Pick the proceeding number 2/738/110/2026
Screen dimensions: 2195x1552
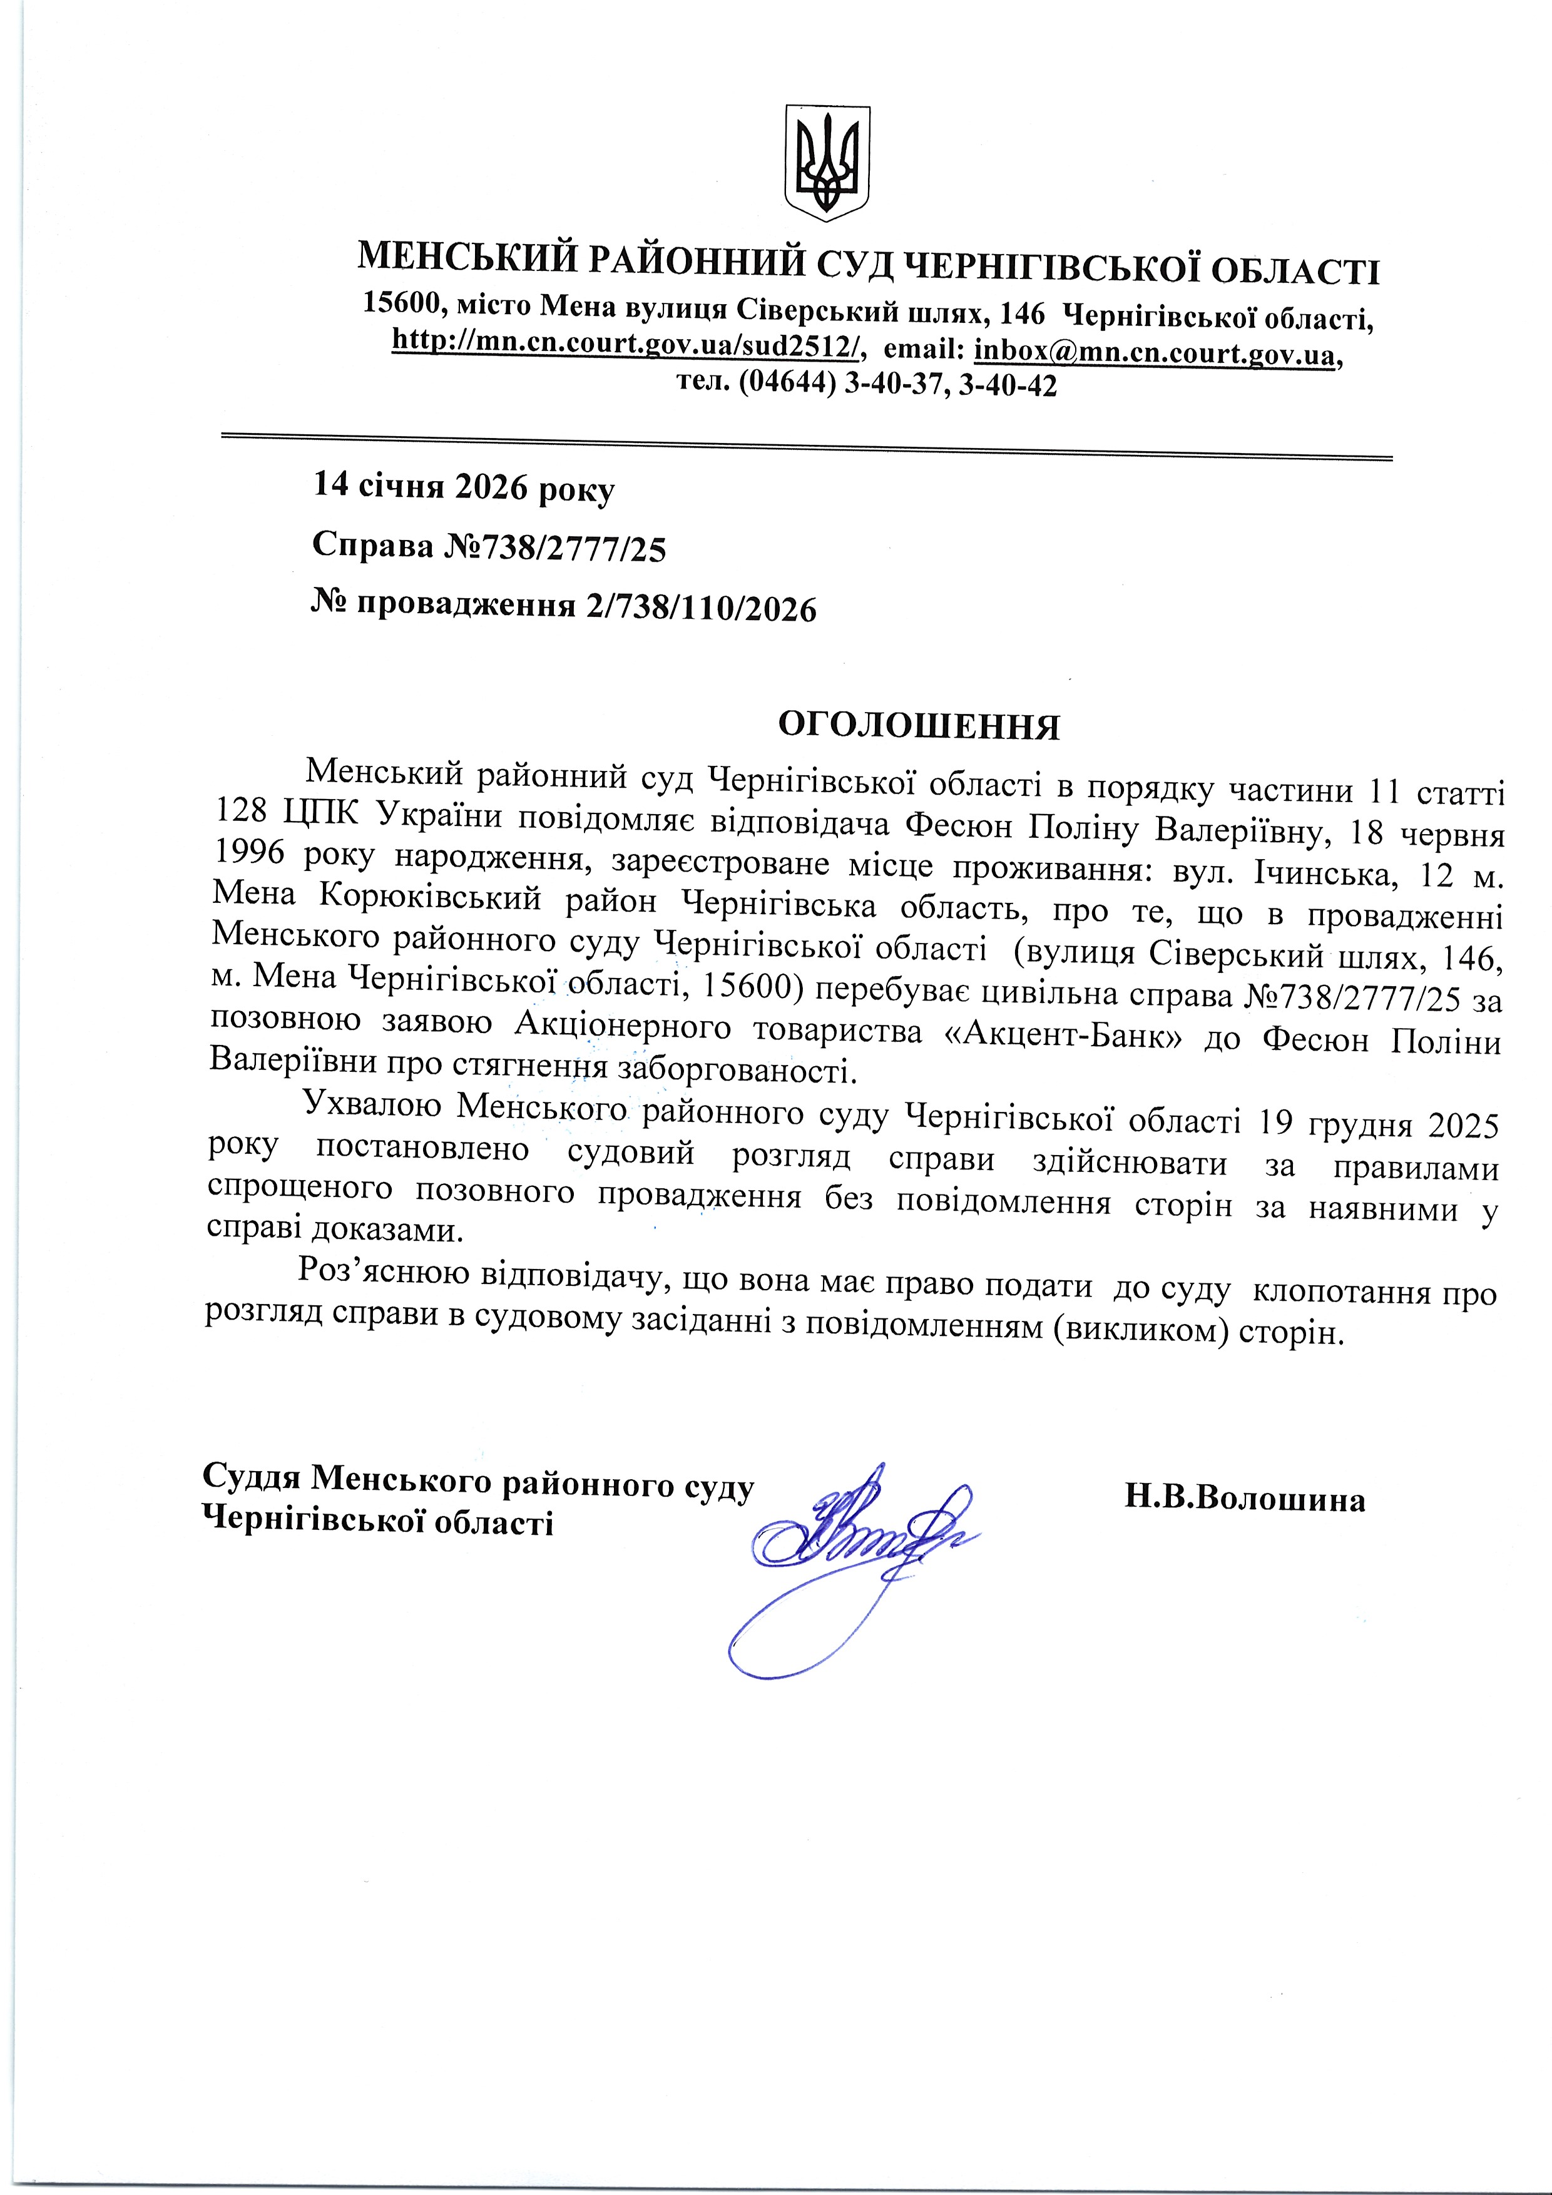point(695,608)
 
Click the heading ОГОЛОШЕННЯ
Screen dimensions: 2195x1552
point(918,726)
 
